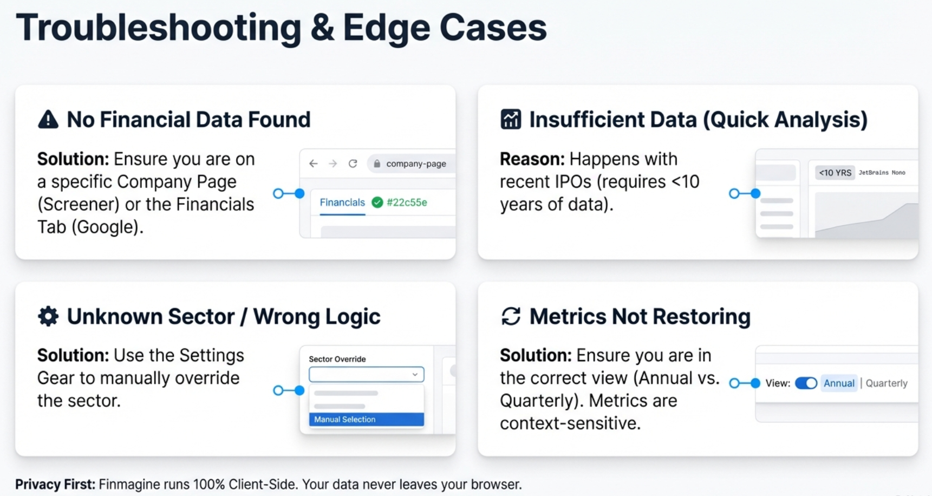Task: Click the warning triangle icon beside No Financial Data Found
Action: [x=48, y=119]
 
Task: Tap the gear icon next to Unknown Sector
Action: [x=48, y=316]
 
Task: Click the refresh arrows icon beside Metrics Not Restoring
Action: [x=511, y=316]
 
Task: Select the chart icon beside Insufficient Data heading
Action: [x=511, y=119]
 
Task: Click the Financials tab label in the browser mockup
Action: [x=342, y=203]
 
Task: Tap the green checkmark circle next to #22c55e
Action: [x=377, y=203]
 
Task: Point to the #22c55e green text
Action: [x=407, y=203]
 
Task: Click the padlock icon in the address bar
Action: [x=377, y=164]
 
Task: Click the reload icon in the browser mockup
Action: [x=353, y=164]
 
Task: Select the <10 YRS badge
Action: [x=835, y=173]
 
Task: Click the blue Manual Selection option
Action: [x=366, y=420]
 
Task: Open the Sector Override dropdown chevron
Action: [x=415, y=374]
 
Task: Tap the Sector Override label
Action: [x=337, y=359]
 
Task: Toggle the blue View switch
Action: [x=806, y=383]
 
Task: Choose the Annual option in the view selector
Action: [x=839, y=383]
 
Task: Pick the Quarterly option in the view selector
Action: [x=887, y=383]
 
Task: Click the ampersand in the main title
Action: [x=322, y=28]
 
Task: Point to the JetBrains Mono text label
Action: [x=882, y=173]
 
